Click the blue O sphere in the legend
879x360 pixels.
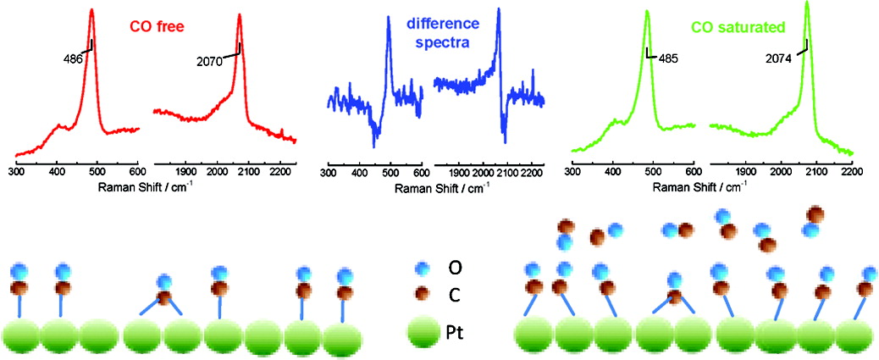[420, 268]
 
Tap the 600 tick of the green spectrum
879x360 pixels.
[692, 169]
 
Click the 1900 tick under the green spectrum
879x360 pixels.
[746, 169]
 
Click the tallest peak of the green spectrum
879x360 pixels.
[807, 5]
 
